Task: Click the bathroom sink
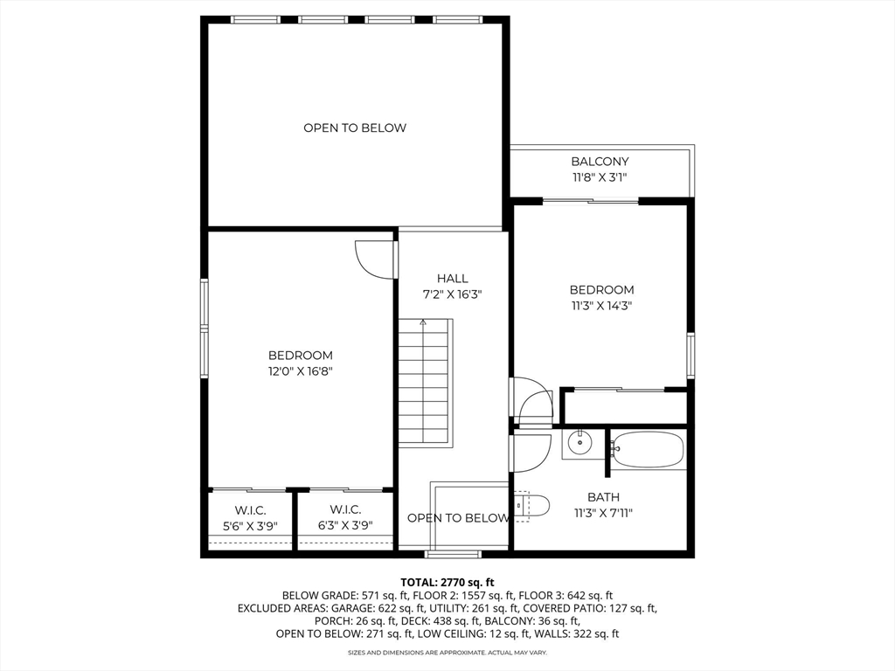(x=579, y=443)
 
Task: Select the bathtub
(x=647, y=449)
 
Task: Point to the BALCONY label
(x=600, y=162)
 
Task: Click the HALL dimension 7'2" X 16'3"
(x=453, y=294)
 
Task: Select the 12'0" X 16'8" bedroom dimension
(x=301, y=371)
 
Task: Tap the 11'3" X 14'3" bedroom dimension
(x=601, y=306)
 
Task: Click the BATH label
(x=603, y=497)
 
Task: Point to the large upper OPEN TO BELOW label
(x=355, y=128)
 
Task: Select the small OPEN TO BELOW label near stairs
(x=458, y=518)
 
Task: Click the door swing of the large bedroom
(x=373, y=259)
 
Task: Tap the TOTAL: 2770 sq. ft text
(x=447, y=582)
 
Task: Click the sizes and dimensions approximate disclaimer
(x=447, y=653)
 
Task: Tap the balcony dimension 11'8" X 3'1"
(x=600, y=177)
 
